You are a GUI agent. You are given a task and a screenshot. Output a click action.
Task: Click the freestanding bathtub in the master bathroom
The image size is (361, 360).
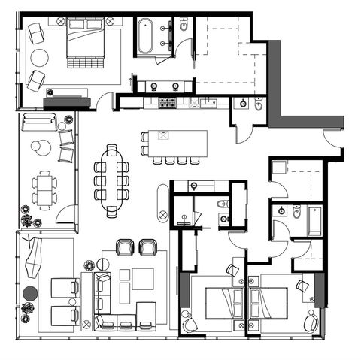pos(145,36)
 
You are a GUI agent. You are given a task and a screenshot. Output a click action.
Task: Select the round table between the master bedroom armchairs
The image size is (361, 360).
pos(38,58)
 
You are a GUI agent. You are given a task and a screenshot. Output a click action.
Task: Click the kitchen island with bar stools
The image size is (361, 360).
pos(178,142)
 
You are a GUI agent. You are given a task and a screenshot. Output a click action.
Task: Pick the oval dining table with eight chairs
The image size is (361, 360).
pos(111,180)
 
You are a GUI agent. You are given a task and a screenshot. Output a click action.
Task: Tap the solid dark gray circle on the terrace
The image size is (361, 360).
pos(30,293)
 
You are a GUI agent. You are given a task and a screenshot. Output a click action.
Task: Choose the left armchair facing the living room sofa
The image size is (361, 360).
pos(125,247)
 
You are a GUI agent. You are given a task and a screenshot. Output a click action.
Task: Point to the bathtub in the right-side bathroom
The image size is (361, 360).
pos(314,221)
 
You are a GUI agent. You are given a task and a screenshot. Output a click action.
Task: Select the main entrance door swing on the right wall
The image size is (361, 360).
pos(332,138)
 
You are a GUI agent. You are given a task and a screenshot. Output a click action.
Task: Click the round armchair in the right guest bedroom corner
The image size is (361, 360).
pos(310,323)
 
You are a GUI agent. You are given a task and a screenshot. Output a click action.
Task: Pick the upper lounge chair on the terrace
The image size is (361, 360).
pos(63,287)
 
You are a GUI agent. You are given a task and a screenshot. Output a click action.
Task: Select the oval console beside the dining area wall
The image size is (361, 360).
pos(163,203)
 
